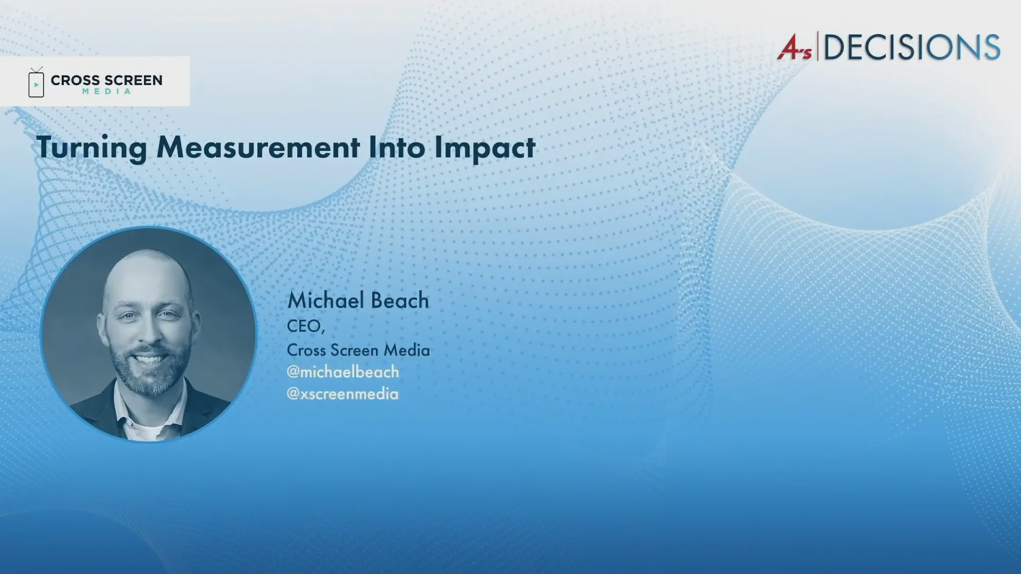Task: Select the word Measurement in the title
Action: tap(258, 147)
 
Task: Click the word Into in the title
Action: tap(397, 147)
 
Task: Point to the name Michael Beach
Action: tap(358, 300)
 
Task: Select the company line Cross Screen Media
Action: tap(358, 350)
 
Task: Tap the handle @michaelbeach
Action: tap(343, 372)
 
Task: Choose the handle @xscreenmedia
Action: tap(342, 393)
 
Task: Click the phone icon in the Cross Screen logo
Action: tap(36, 82)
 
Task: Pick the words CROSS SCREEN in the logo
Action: tap(106, 80)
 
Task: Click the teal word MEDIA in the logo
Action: tap(106, 91)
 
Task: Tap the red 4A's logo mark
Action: tap(794, 47)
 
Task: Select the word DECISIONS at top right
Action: tap(912, 47)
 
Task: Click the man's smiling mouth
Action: tap(149, 358)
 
